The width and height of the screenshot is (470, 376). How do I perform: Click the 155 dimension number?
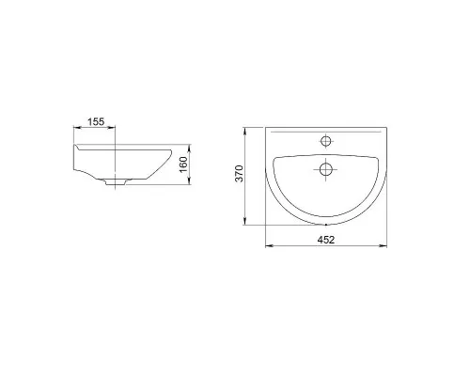(96, 121)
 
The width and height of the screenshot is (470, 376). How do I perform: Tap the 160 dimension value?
(183, 164)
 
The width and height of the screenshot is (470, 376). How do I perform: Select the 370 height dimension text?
(240, 173)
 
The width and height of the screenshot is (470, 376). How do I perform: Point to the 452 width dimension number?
(326, 240)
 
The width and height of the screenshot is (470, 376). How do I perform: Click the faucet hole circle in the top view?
(326, 141)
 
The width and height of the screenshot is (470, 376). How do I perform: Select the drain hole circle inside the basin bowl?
(326, 169)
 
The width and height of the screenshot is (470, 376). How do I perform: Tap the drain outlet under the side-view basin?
(116, 182)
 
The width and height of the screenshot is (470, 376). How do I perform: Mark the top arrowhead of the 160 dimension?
(189, 148)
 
